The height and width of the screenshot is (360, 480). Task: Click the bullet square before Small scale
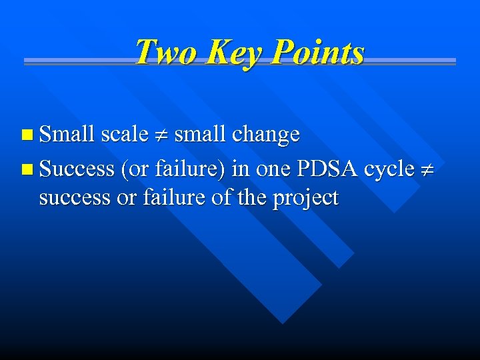26,135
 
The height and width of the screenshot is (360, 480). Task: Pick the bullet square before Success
26,169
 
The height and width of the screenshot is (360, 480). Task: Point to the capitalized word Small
67,134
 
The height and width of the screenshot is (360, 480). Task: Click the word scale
124,134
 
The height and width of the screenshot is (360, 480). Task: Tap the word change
265,135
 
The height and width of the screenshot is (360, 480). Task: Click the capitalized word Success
77,169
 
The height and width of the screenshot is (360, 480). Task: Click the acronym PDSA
327,169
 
